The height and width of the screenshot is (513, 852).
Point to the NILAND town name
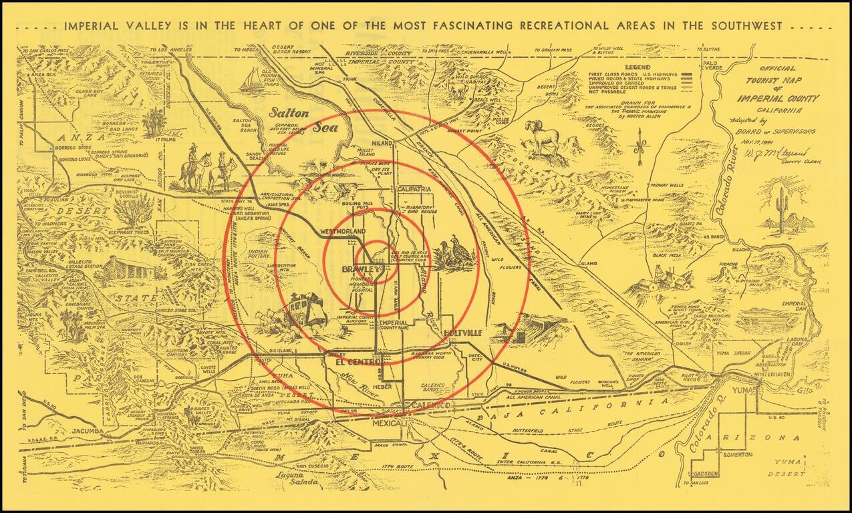pyautogui.click(x=383, y=143)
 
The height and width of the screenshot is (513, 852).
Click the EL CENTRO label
pyautogui.click(x=349, y=362)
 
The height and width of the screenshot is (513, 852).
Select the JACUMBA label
pyautogui.click(x=88, y=431)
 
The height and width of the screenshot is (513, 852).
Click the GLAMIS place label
pyautogui.click(x=588, y=264)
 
